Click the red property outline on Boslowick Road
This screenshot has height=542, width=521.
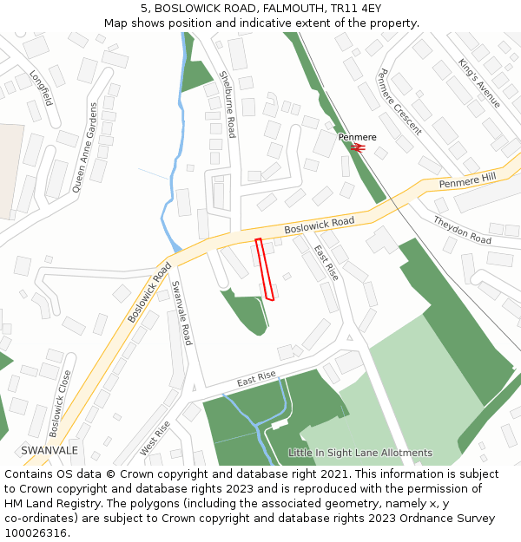click(265, 270)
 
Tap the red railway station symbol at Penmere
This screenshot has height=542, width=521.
click(358, 147)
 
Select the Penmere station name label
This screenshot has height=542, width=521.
click(358, 137)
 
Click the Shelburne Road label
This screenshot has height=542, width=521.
click(227, 104)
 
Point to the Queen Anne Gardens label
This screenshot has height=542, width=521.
click(85, 147)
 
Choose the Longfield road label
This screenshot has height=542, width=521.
click(41, 88)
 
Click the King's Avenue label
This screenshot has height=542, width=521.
click(479, 83)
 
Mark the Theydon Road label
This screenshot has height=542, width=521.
click(462, 229)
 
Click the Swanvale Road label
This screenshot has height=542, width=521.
click(181, 312)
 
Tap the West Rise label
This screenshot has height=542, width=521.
click(155, 439)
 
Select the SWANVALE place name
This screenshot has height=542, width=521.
click(49, 450)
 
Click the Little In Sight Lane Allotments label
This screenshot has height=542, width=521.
click(359, 453)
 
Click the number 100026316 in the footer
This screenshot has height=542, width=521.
click(35, 532)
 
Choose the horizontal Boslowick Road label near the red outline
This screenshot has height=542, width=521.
click(320, 225)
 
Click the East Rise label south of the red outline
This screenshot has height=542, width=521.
click(256, 378)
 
